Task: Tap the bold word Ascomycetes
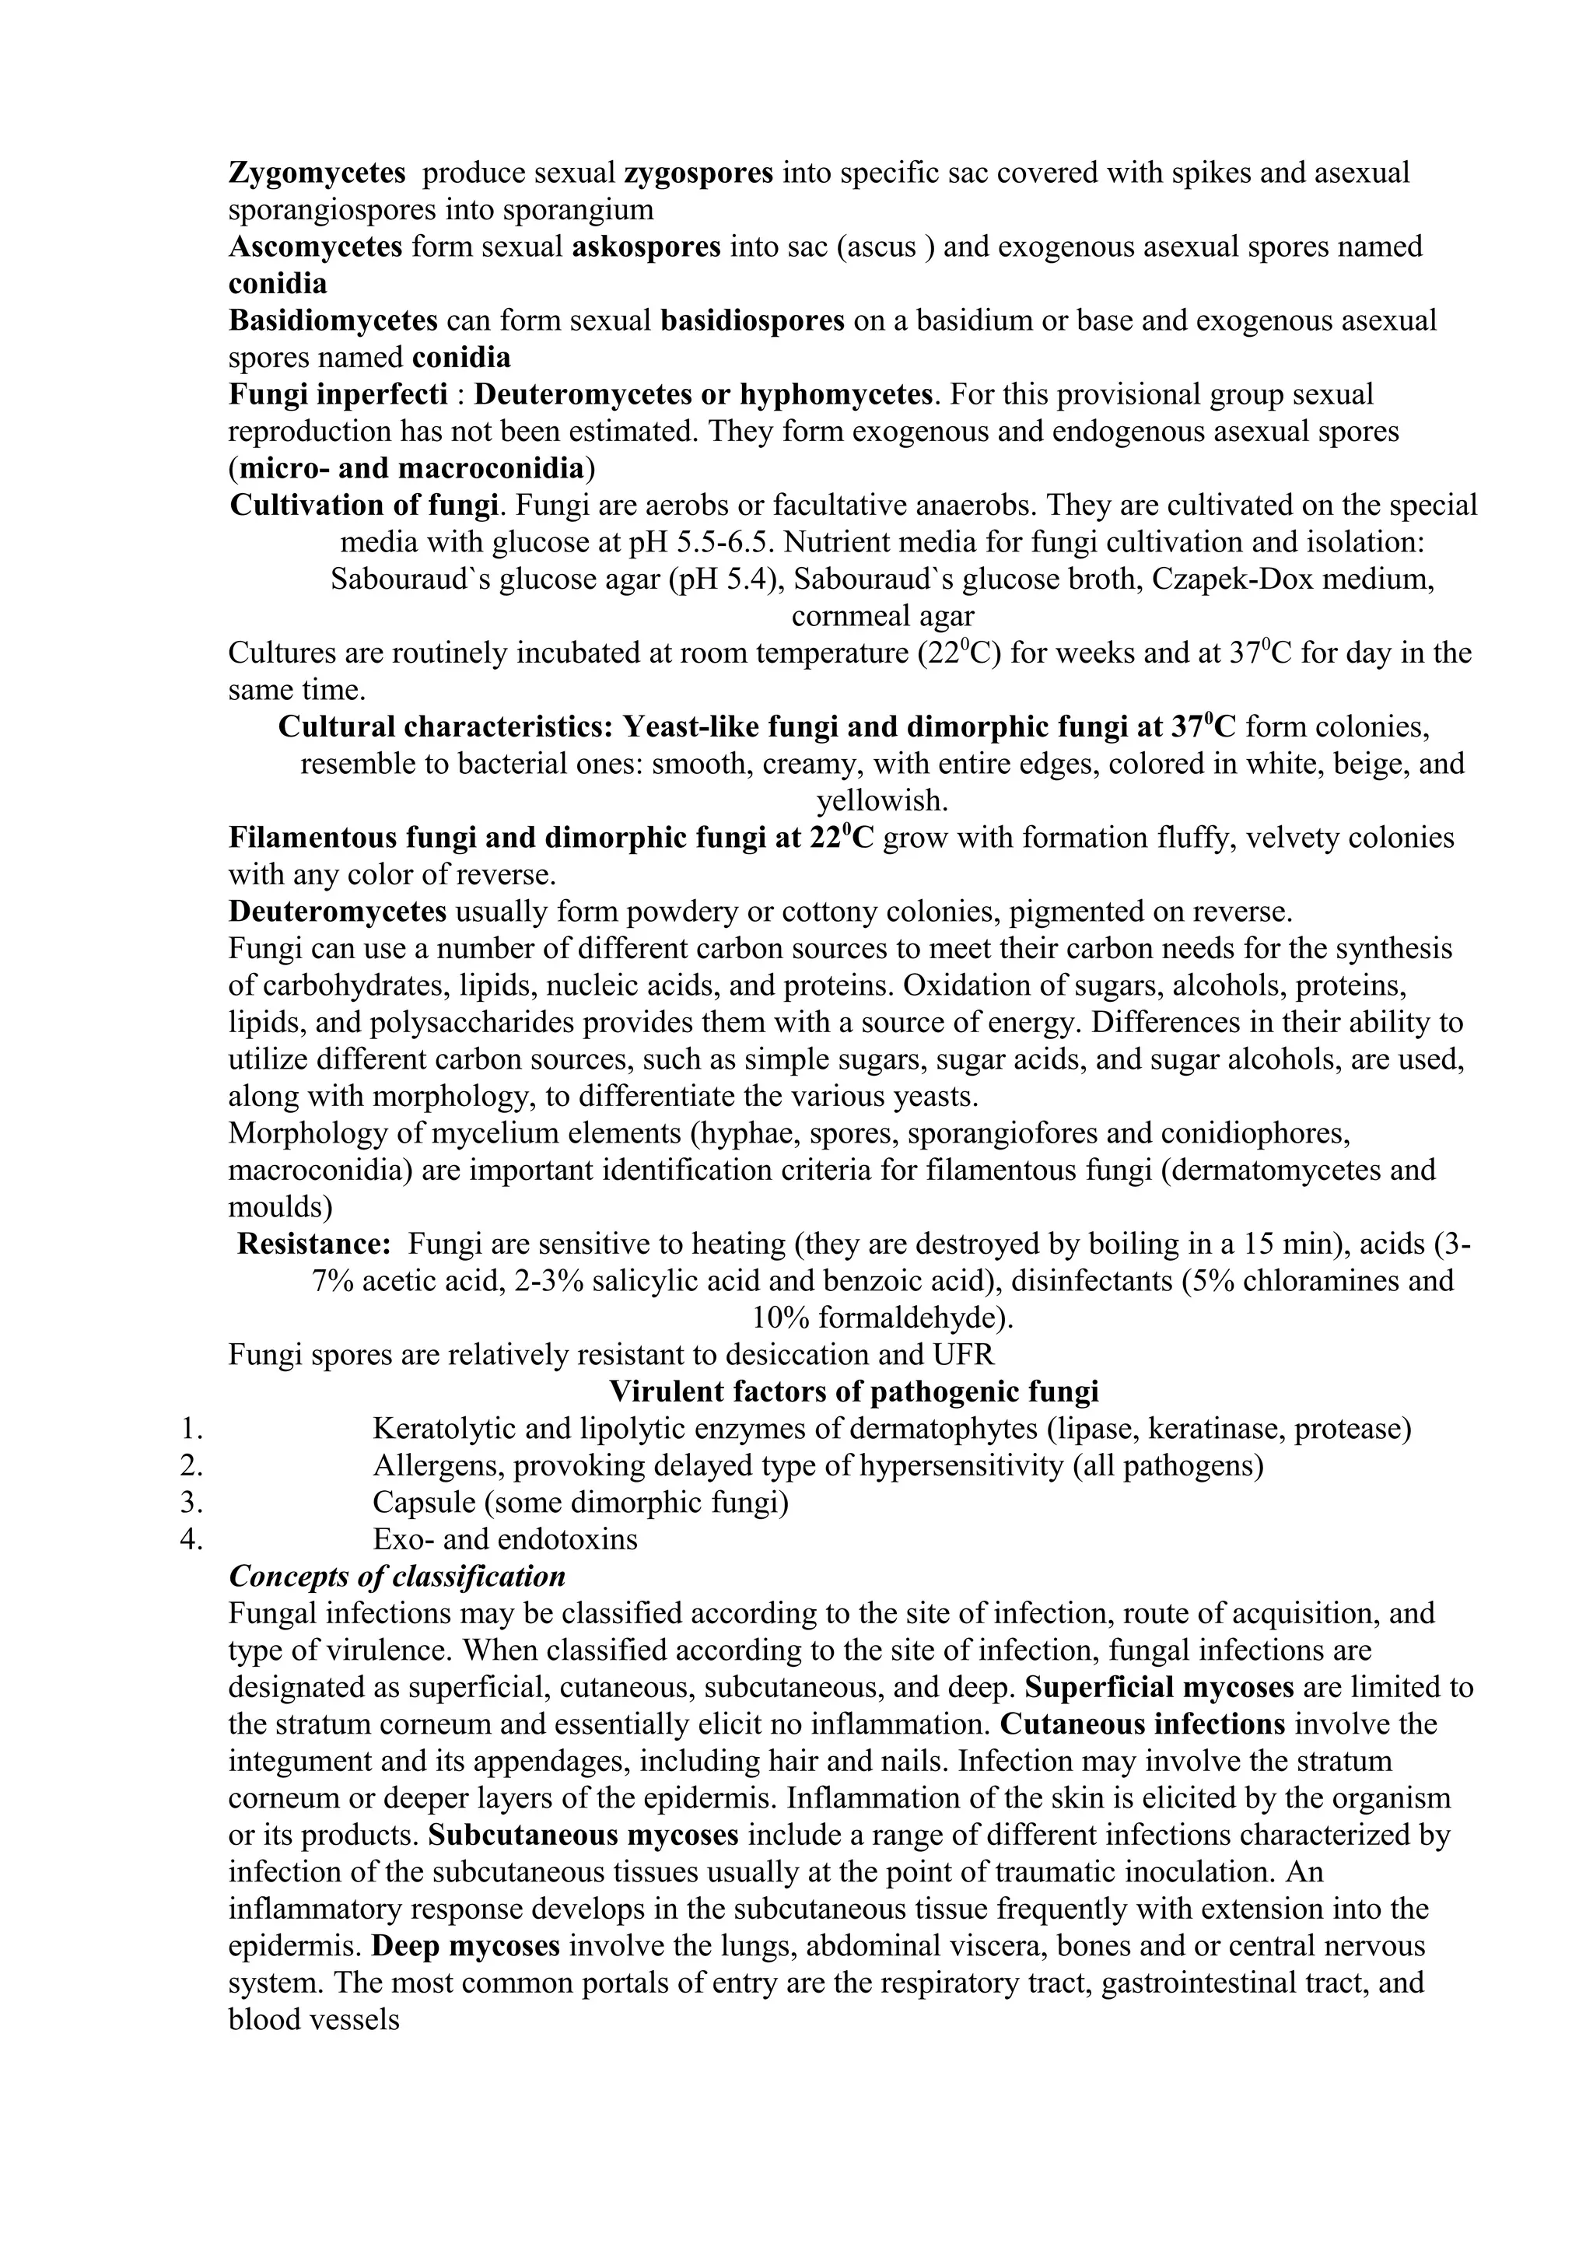click(x=315, y=247)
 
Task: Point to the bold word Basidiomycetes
click(x=333, y=320)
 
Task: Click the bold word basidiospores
click(x=752, y=320)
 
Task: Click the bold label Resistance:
click(x=314, y=1244)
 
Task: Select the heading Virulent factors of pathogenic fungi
click(x=854, y=1391)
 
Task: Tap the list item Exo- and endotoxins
click(x=505, y=1538)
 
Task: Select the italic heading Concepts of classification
click(x=397, y=1577)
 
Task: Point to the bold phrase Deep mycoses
click(x=466, y=1946)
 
